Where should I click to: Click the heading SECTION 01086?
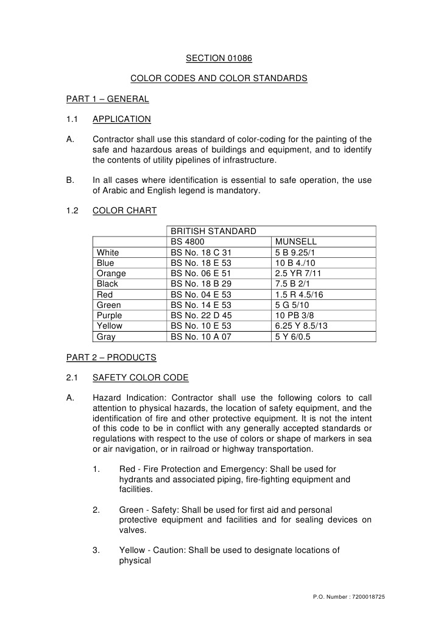[x=219, y=59]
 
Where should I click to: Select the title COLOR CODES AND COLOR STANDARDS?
[x=219, y=79]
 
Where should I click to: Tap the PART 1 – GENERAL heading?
[x=108, y=99]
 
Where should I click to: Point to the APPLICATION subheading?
[x=121, y=119]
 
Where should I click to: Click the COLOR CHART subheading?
[x=124, y=211]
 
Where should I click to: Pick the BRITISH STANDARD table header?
[x=213, y=232]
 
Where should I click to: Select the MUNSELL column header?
[x=296, y=242]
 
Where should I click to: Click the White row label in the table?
[x=108, y=252]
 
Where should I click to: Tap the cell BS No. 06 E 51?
[x=202, y=274]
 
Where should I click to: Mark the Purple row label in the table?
[x=109, y=315]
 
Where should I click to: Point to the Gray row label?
[x=106, y=337]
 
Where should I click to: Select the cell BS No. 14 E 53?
[x=202, y=305]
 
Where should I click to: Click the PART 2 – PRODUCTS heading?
[x=111, y=357]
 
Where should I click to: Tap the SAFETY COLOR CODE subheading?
[x=140, y=378]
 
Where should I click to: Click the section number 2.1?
[x=72, y=378]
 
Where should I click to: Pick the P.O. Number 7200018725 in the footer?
[x=348, y=596]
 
